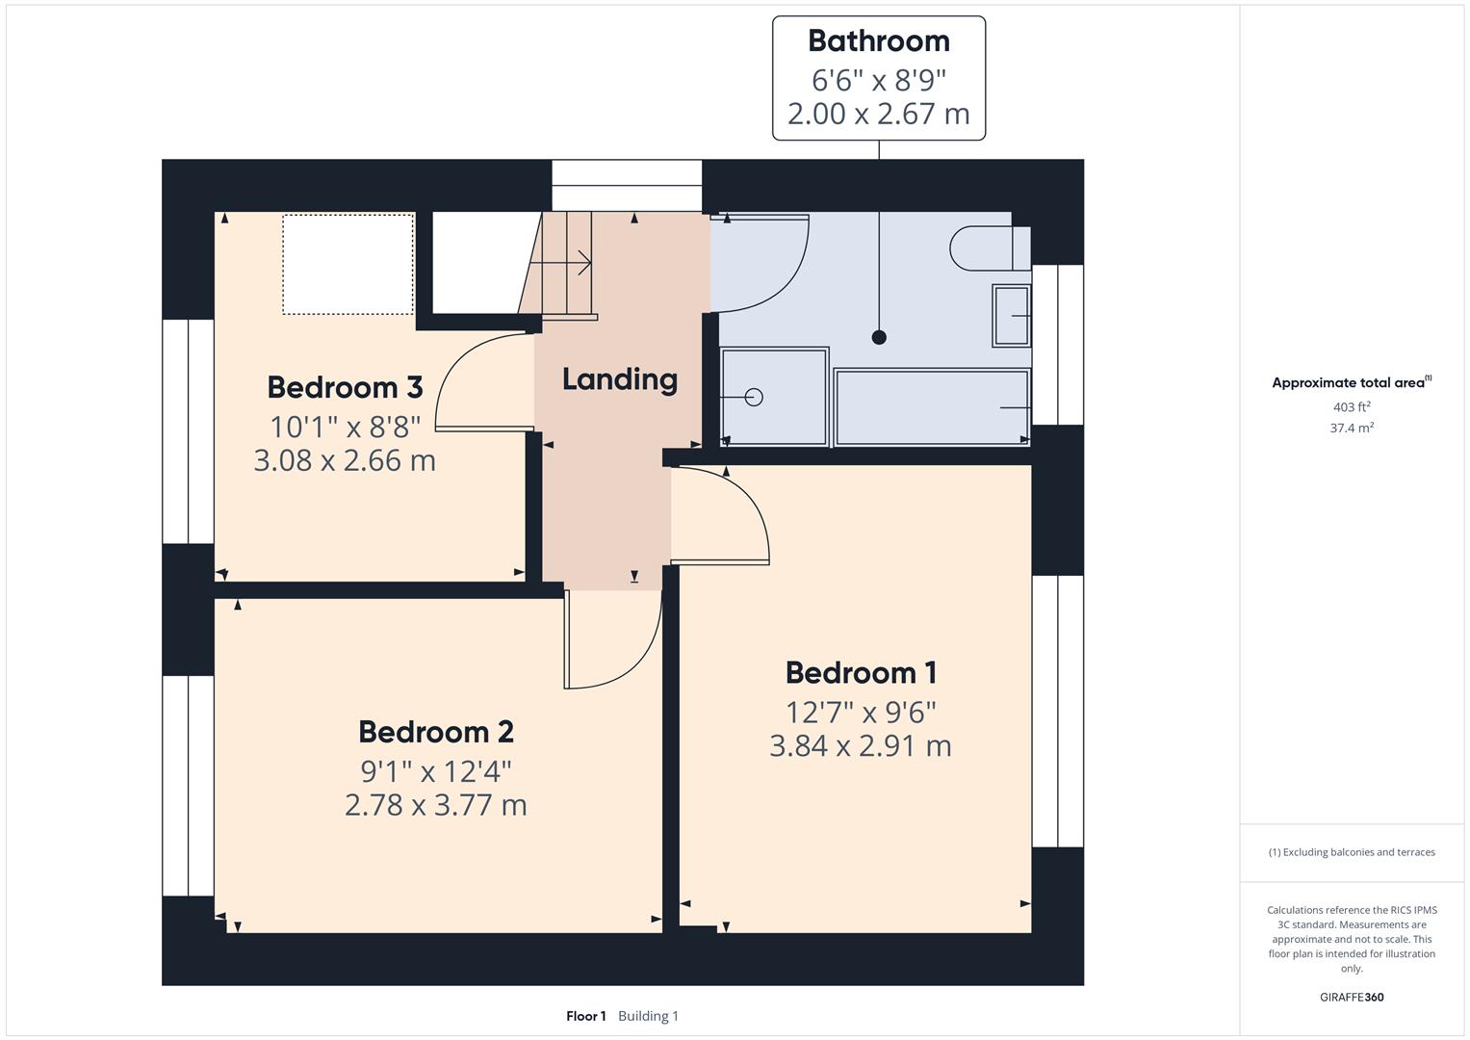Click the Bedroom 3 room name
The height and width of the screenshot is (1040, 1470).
tap(345, 387)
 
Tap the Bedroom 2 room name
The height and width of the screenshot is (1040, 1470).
tap(436, 732)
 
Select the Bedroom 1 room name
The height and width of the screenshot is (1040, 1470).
tap(861, 672)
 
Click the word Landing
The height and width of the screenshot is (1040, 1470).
tap(619, 379)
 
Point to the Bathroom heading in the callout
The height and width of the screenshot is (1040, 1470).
tap(878, 41)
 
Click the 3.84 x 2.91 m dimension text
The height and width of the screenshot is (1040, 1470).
tap(861, 746)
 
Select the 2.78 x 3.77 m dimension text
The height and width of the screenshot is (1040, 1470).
tap(436, 805)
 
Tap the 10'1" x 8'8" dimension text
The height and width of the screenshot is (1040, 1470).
tap(345, 426)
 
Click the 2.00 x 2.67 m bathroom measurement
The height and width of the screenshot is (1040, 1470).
tap(878, 114)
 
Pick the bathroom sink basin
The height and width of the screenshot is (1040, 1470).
tap(1012, 316)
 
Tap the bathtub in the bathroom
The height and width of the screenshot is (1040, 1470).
tap(931, 407)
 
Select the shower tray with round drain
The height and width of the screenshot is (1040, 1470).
tap(774, 397)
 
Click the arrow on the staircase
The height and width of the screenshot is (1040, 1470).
tap(580, 261)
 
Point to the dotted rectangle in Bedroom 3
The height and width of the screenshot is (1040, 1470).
tap(348, 264)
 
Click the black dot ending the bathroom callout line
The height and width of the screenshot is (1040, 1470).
tap(878, 337)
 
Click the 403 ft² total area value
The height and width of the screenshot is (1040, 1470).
tap(1352, 407)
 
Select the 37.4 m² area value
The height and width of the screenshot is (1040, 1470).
tap(1352, 429)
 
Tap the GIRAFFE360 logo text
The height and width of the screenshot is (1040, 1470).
tap(1352, 998)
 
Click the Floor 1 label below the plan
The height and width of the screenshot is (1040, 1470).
tap(585, 1016)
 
